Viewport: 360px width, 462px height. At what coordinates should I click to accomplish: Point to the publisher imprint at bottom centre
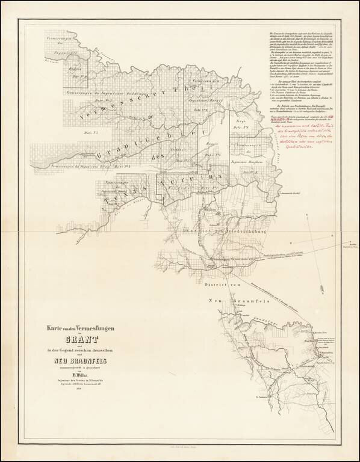point(180,449)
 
